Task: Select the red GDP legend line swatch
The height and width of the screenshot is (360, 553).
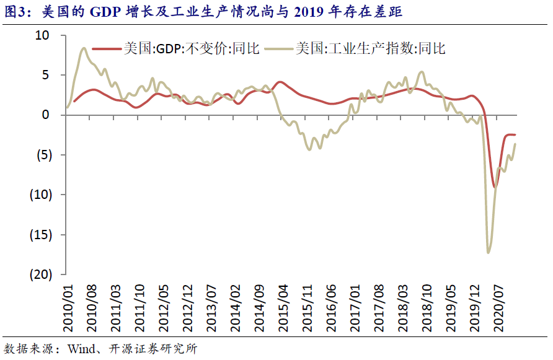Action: (106, 48)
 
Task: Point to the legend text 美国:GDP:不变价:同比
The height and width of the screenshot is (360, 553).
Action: (190, 48)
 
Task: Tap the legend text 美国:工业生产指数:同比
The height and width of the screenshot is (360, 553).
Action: (371, 48)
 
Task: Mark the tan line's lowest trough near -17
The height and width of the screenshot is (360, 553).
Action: (489, 252)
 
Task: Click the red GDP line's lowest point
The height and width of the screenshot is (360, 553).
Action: (494, 187)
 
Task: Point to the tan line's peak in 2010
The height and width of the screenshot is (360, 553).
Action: (83, 48)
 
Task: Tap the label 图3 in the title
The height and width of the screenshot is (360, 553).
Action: (15, 11)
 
